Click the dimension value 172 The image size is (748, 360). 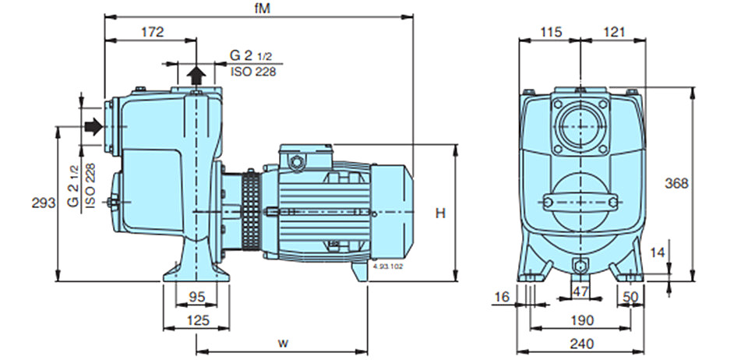click(x=152, y=32)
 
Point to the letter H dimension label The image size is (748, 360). click(x=440, y=214)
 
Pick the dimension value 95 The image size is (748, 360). click(x=196, y=297)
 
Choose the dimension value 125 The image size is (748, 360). click(x=197, y=320)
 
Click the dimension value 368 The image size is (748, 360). click(x=677, y=183)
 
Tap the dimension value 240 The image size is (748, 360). click(x=582, y=343)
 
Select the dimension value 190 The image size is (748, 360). click(x=582, y=320)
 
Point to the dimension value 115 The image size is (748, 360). click(x=552, y=32)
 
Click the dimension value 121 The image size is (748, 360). click(x=613, y=32)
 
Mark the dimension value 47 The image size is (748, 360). click(x=580, y=291)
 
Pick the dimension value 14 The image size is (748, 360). click(x=658, y=252)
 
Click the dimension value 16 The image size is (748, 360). click(x=502, y=297)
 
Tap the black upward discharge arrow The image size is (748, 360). click(x=196, y=75)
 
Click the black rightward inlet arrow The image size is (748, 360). click(x=93, y=126)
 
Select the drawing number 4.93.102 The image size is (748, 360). click(x=387, y=266)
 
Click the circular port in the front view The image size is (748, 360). click(x=580, y=126)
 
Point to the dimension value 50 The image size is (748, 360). click(x=630, y=297)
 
